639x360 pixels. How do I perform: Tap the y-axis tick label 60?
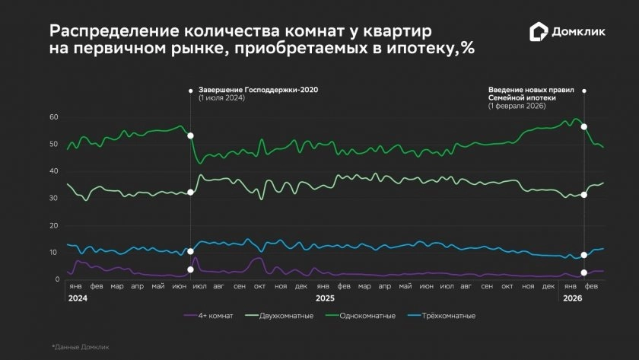[x=53, y=117]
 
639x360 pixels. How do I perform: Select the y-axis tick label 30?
[x=53, y=199]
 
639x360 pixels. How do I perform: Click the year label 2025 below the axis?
[x=326, y=298]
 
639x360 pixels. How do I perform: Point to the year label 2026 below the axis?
[x=571, y=298]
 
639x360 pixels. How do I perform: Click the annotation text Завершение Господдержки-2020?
[x=258, y=90]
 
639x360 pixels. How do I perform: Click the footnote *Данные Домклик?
[x=80, y=347]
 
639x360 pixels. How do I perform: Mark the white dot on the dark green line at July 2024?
[x=190, y=135]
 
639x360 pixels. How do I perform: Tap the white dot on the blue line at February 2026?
[x=584, y=255]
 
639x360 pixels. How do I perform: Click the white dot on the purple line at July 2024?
[x=190, y=269]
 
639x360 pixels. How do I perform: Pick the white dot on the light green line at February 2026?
[x=584, y=196]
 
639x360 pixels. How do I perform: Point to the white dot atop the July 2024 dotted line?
[x=190, y=91]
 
